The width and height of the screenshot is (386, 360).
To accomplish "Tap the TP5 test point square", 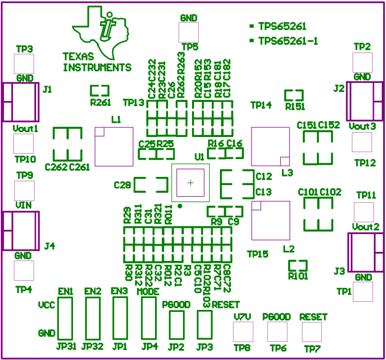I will (x=188, y=32).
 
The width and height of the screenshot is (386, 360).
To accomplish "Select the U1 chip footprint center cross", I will (x=191, y=183).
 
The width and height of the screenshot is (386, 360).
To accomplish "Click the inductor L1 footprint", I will (x=114, y=147).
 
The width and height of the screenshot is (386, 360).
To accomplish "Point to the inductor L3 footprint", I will (x=270, y=147).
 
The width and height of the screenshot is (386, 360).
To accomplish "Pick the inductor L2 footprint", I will (x=270, y=220).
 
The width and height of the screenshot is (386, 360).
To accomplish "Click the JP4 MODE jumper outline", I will (x=148, y=319).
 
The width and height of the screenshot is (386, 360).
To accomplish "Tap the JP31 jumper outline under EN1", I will (x=65, y=319).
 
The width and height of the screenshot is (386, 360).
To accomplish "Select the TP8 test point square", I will (x=242, y=332).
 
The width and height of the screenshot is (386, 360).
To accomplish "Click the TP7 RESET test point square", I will (x=312, y=332).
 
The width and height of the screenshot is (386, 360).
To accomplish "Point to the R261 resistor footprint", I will (x=100, y=90).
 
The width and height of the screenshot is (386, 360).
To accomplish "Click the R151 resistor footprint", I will (x=294, y=95).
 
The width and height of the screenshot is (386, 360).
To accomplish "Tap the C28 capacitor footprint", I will (x=150, y=185).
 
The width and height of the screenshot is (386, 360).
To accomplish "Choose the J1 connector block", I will (x=21, y=102).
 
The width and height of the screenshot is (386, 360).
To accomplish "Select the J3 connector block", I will (x=365, y=252).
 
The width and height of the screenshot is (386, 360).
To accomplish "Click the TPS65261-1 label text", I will (x=288, y=41).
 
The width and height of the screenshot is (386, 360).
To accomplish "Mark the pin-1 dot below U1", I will (x=180, y=206).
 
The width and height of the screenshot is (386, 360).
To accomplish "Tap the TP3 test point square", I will (x=24, y=63).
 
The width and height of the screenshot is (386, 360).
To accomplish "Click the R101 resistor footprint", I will (x=298, y=265).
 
